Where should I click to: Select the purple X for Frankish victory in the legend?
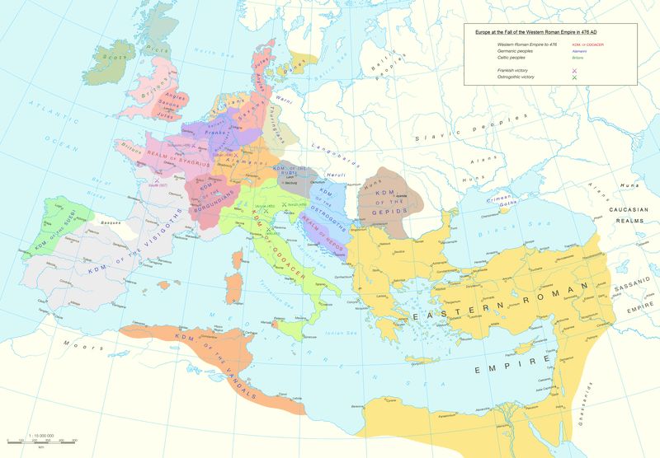(x=574, y=71)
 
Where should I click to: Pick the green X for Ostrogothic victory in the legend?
(x=574, y=77)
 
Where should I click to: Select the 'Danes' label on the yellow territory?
(x=294, y=72)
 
